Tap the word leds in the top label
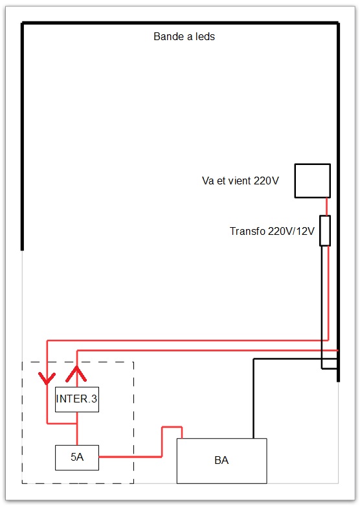point(205,36)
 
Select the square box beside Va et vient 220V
point(313,181)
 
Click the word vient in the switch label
point(240,181)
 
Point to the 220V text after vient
point(266,181)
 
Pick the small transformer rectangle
point(325,231)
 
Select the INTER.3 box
point(77,399)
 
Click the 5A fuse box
point(77,457)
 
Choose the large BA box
point(222,461)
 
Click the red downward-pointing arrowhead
point(47,378)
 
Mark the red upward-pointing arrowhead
point(76,374)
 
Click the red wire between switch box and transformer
point(327,206)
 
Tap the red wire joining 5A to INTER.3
point(77,428)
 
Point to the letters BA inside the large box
point(221,460)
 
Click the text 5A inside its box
point(77,457)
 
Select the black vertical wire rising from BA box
point(254,399)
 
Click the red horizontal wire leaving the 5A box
point(130,457)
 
